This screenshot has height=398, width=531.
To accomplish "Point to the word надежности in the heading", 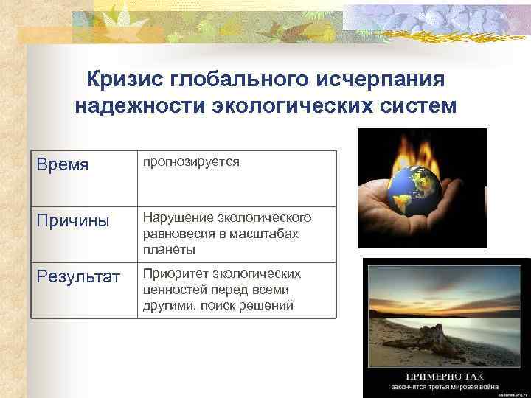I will coord(139,106).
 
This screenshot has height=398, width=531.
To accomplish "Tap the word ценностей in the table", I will coord(172,290).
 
